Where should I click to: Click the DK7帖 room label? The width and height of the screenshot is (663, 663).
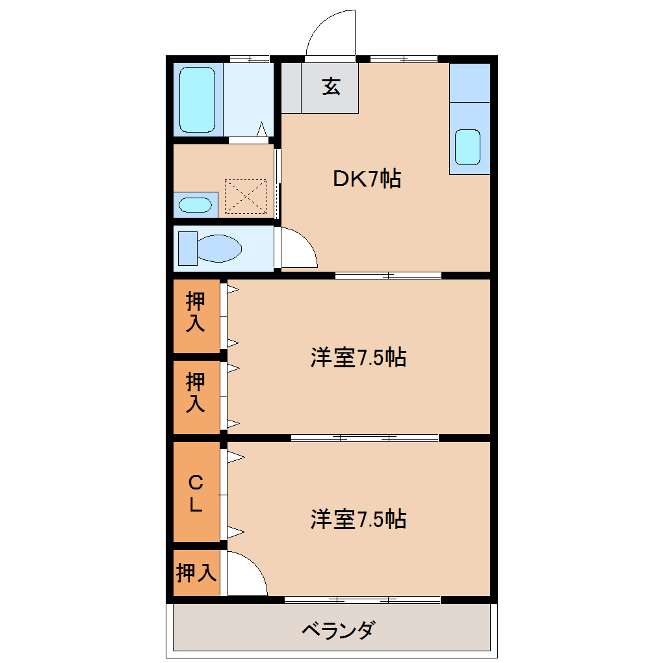[x=367, y=178]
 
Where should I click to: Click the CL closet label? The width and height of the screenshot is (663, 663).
[x=196, y=493]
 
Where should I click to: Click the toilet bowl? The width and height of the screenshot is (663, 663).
[x=218, y=248]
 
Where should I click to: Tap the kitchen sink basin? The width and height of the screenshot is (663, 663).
[x=467, y=147]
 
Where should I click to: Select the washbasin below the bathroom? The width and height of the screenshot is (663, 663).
[x=195, y=205]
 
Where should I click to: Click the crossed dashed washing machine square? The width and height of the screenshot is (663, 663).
[x=246, y=196]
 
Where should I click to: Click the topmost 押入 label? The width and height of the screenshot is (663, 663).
[x=196, y=312]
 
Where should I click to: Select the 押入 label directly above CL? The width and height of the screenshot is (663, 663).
[x=196, y=392]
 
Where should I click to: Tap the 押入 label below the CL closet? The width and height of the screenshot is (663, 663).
[x=196, y=573]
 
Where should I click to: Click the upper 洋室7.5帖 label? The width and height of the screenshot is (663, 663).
[x=358, y=357]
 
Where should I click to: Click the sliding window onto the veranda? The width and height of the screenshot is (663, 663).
[x=362, y=599]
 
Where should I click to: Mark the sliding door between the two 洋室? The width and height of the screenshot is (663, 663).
[x=365, y=437]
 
